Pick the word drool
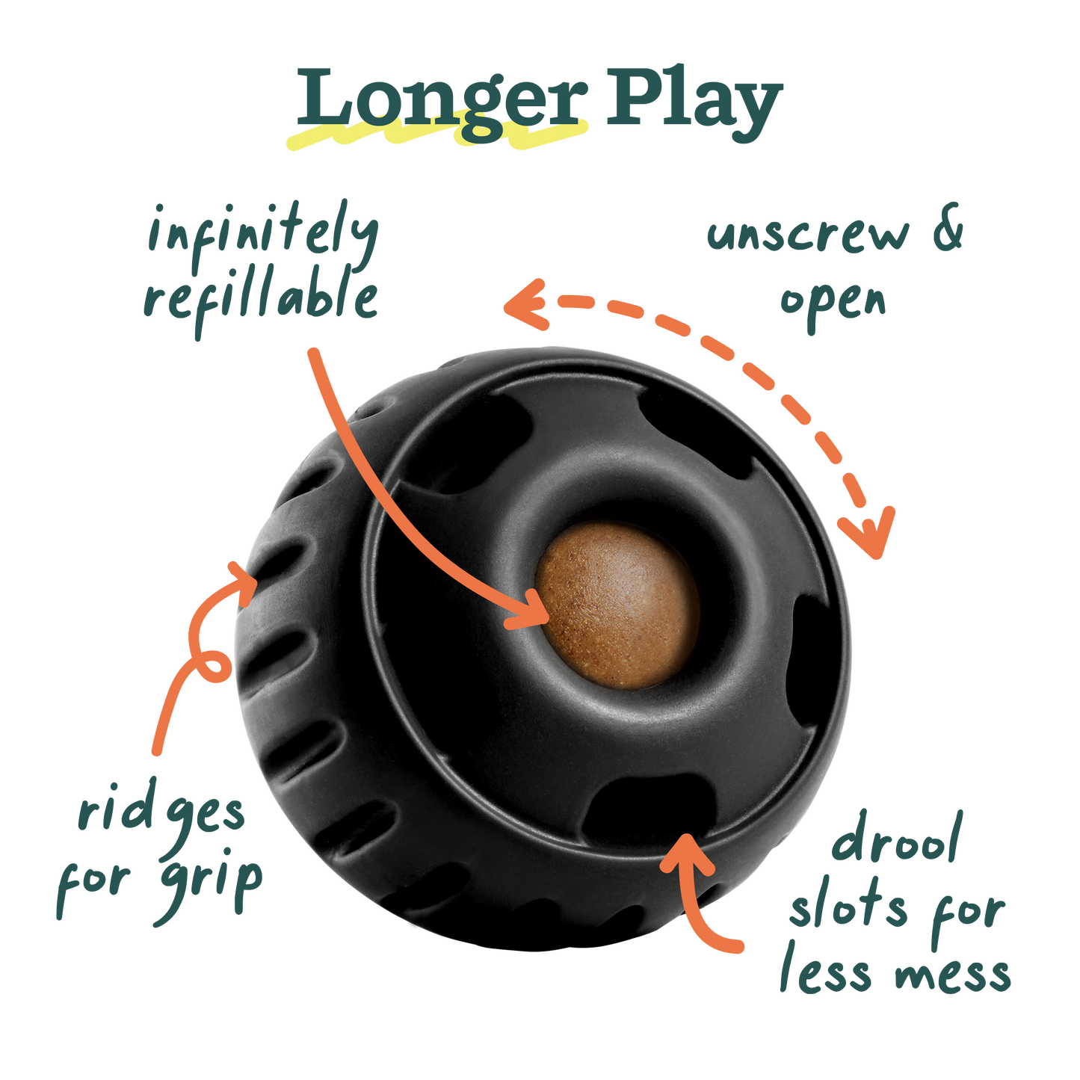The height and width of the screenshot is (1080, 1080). (x=897, y=841)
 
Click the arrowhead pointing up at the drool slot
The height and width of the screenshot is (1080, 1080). (x=685, y=852)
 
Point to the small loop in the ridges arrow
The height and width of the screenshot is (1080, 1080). (x=214, y=665)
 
